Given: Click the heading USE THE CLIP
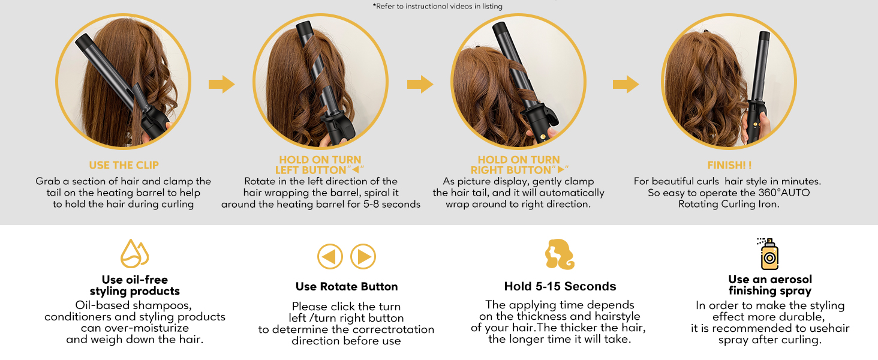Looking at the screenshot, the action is [124, 165].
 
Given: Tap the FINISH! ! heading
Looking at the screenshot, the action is [729, 165].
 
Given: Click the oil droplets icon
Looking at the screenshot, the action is [134, 253].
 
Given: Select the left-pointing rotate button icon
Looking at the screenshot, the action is [330, 256].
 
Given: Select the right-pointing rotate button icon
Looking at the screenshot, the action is [363, 256].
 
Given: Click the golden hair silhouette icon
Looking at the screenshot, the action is [560, 254].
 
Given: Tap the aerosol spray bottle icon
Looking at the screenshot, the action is [768, 254].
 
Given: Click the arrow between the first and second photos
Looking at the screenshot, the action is [222, 84].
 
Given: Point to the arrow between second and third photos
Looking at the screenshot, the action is [420, 84].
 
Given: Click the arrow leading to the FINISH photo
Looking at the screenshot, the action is [626, 84].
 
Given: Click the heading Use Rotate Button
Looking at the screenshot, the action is [347, 287].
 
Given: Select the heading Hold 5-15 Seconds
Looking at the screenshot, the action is [560, 286].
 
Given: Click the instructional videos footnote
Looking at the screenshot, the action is [437, 6].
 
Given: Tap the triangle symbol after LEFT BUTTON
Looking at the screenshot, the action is [356, 170].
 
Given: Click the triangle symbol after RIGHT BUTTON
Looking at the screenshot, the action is [561, 170].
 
